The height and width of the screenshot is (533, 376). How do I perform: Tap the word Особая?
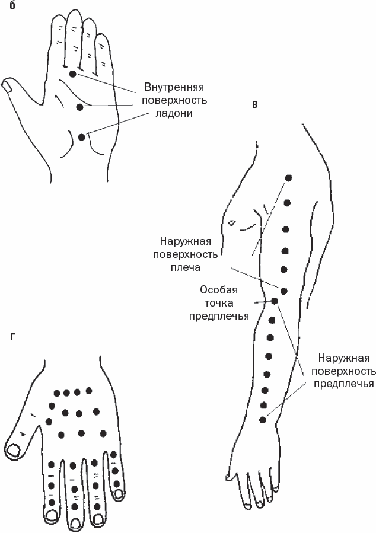click(219, 290)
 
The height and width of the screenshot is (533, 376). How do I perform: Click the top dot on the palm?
click(72, 74)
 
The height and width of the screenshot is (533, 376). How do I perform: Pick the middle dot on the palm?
click(80, 106)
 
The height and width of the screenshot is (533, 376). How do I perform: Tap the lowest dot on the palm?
click(81, 137)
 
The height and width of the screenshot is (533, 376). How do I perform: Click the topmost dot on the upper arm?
click(289, 177)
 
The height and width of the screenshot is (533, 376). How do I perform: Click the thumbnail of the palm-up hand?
click(8, 86)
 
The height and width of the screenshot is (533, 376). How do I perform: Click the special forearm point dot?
click(274, 301)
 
